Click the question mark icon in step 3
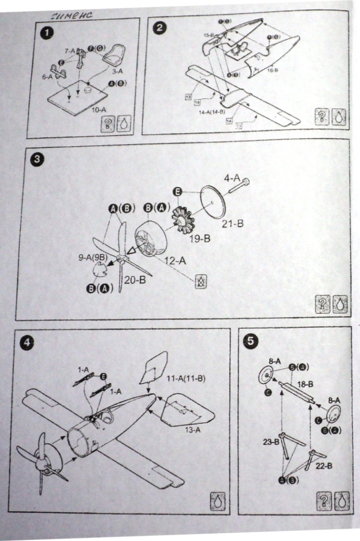point(324,306)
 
